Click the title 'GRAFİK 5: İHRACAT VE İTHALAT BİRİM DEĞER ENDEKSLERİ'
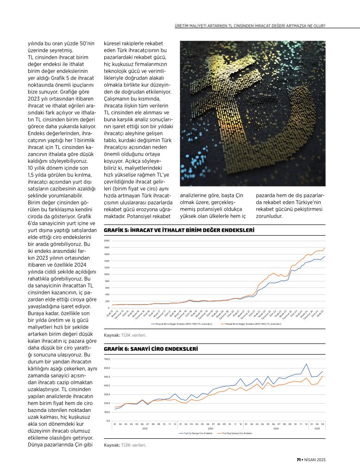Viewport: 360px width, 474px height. pos(179,230)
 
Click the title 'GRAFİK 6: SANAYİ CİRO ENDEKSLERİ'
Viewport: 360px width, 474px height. pos(151,348)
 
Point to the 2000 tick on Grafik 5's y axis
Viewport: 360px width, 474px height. pos(107,241)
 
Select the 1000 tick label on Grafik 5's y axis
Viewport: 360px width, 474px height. pos(107,274)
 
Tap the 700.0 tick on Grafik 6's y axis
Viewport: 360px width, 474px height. pos(107,359)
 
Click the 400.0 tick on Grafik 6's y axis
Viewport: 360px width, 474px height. pos(107,386)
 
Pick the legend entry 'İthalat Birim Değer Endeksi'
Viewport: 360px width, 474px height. pos(251,324)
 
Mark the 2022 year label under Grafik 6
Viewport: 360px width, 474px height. pos(145,429)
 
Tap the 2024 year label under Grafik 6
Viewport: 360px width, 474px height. pos(276,429)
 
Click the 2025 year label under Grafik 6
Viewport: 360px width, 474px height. pos(317,429)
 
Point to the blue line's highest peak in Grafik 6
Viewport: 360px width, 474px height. pos(306,364)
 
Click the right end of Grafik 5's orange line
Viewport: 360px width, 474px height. pos(324,248)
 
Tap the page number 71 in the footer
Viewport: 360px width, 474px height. pos(299,460)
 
